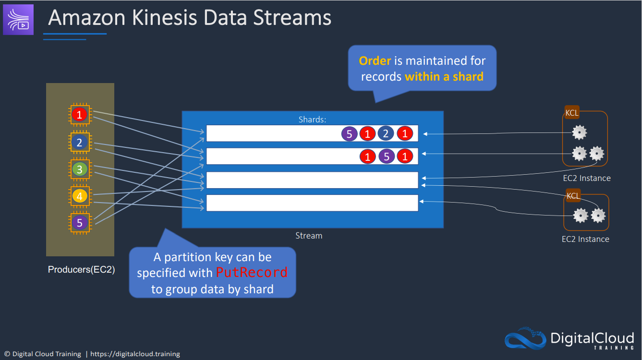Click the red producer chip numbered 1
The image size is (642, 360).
click(x=80, y=114)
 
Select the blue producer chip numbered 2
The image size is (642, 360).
click(x=80, y=142)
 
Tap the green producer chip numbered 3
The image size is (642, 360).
click(x=80, y=169)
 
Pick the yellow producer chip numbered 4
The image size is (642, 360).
click(x=80, y=196)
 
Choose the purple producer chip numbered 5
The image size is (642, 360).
click(x=80, y=222)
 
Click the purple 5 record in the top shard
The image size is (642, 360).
click(x=349, y=134)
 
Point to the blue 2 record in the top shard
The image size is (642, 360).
click(x=386, y=134)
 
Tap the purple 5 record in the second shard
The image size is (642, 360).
click(x=386, y=156)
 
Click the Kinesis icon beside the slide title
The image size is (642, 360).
click(x=19, y=20)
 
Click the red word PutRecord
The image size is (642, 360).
click(x=252, y=273)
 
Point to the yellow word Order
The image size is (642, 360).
click(x=375, y=61)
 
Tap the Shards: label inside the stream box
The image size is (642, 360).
click(x=312, y=120)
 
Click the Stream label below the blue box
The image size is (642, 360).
click(x=309, y=236)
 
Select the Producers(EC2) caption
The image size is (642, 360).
click(x=81, y=270)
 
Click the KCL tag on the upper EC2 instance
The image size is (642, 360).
click(x=572, y=113)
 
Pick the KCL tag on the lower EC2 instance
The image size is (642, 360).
click(x=573, y=196)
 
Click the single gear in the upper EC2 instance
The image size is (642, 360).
click(x=580, y=132)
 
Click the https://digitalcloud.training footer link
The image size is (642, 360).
click(x=135, y=354)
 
